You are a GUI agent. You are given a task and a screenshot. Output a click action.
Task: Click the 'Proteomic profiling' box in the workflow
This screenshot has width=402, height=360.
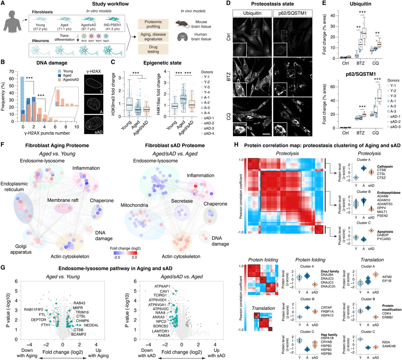coord(153,24)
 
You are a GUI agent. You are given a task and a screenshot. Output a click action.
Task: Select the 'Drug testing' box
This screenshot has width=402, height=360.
coord(153,49)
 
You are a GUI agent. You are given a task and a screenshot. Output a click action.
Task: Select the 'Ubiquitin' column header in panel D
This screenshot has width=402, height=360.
coord(252,13)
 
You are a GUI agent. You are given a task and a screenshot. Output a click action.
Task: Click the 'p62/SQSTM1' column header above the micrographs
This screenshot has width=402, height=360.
coord(292,13)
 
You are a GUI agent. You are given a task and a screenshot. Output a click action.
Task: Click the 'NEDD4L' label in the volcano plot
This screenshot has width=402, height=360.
coord(91,325)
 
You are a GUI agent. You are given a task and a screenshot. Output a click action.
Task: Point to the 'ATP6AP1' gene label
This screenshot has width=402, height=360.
coord(162,286)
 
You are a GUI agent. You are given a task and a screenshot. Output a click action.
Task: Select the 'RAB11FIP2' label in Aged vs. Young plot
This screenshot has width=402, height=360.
coord(34,310)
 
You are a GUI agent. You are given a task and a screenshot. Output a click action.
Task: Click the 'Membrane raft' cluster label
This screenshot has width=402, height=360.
coord(63,200)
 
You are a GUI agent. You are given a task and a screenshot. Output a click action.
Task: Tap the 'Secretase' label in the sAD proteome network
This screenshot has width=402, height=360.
coord(182,201)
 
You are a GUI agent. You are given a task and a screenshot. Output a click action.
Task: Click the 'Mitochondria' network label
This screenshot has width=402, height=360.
coord(134,205)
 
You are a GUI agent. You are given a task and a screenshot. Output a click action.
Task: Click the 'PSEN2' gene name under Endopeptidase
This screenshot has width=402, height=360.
coord(382,216)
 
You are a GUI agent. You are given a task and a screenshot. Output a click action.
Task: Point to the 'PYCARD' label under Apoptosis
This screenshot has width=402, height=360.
coord(384,239)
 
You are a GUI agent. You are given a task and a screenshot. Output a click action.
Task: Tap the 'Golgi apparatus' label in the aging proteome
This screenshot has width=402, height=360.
coord(21,249)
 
